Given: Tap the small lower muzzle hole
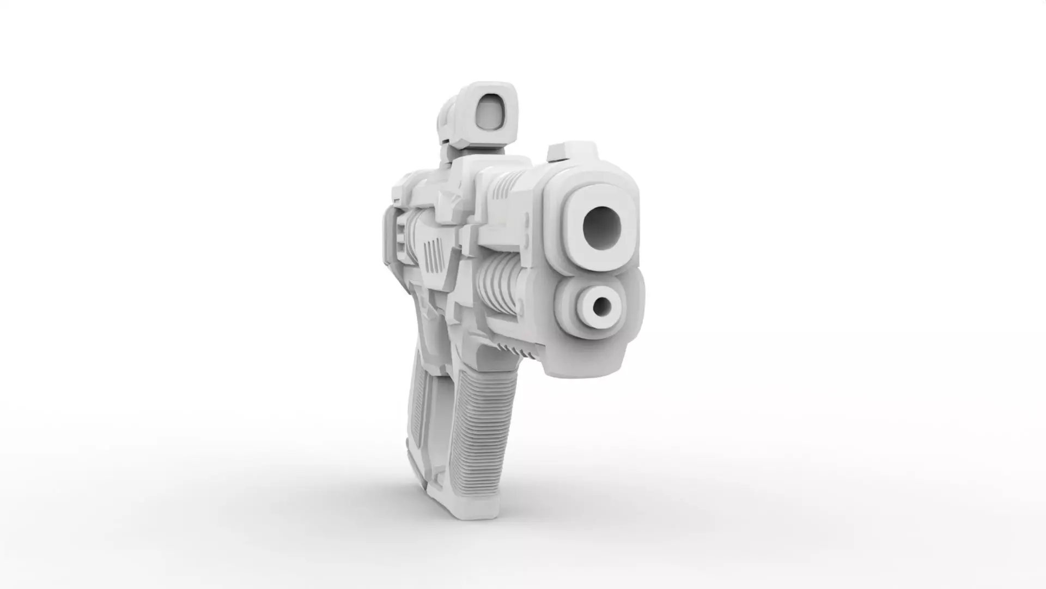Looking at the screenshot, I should coord(601,307).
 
